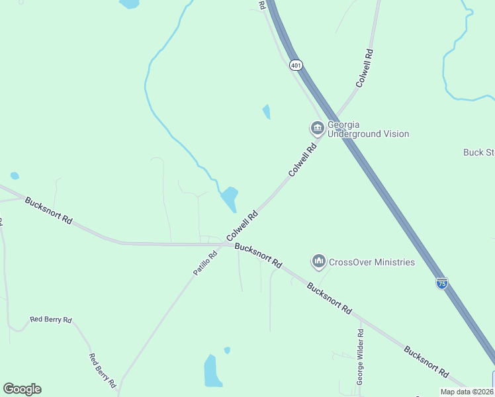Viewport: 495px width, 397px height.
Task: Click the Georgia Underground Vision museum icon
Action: point(316,128)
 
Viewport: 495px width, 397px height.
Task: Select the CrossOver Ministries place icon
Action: point(319,262)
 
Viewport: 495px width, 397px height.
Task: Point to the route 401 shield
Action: point(296,65)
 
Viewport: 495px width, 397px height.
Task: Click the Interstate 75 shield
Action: point(441,283)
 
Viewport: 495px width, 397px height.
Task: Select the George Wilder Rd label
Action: point(361,357)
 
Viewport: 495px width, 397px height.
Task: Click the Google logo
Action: point(22,389)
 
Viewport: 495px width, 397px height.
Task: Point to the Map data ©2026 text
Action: point(467,392)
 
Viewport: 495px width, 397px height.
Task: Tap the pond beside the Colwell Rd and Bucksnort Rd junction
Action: point(230,197)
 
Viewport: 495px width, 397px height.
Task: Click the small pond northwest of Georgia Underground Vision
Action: point(267,112)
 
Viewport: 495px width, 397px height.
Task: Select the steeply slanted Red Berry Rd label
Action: point(103,370)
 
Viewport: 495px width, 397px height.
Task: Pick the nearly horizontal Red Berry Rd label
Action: point(51,320)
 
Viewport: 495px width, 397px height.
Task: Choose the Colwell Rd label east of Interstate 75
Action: point(365,68)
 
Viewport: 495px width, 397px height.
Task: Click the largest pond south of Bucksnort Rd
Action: point(212,372)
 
